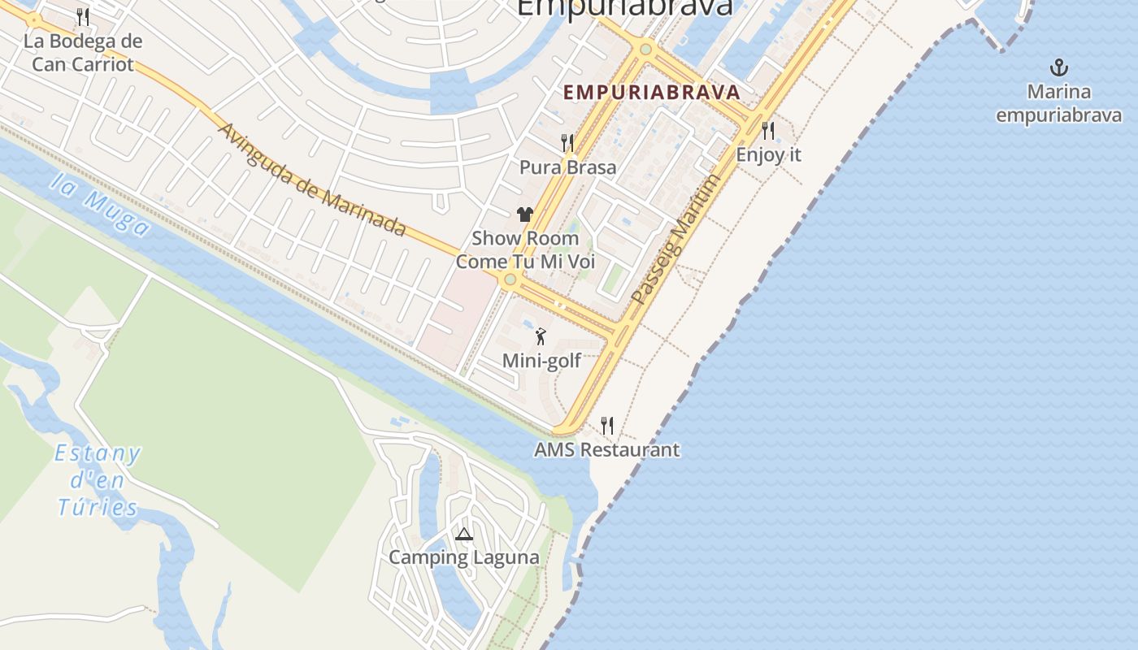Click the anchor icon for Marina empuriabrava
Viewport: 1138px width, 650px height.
[x=1058, y=67]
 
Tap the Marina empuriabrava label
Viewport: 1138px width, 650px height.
[x=1058, y=102]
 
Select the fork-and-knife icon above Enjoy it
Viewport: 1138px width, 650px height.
[x=768, y=130]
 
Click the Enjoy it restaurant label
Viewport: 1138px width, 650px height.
[x=768, y=154]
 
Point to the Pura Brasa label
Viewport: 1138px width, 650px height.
[x=567, y=167]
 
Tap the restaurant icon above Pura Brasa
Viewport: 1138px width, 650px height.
[x=567, y=143]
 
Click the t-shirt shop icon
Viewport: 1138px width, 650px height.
[x=525, y=214]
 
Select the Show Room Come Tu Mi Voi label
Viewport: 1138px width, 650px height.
[x=525, y=250]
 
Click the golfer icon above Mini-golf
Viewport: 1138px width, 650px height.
[x=541, y=336]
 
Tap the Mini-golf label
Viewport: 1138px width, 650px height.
[x=541, y=360]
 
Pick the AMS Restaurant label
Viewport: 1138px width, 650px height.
[x=606, y=449]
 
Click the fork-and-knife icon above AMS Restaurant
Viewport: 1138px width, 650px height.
[x=606, y=425]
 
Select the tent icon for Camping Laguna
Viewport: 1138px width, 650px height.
[x=464, y=534]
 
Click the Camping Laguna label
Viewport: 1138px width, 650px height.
[x=463, y=557]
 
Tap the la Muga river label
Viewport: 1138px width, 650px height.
[x=99, y=202]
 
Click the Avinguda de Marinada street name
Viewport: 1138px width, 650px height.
[x=312, y=180]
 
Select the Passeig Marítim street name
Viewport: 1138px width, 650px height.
[x=675, y=240]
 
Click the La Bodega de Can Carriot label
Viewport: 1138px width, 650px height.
[x=83, y=53]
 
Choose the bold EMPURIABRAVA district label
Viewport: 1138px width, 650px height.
[x=652, y=92]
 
